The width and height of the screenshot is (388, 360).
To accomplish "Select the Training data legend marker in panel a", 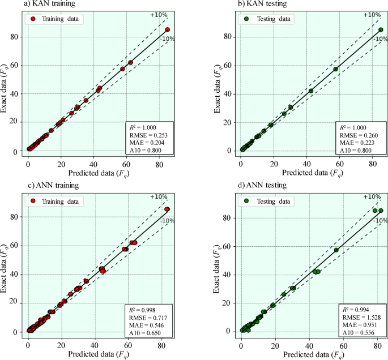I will (33, 19).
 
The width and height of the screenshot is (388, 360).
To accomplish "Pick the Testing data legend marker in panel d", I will (246, 200).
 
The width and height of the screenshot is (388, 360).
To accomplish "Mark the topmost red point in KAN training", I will (168, 29).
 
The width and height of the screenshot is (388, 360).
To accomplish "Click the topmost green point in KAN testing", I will (381, 29).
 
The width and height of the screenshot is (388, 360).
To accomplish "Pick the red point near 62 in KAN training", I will (130, 62).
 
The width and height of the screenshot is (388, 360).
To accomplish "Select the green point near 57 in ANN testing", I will (336, 250).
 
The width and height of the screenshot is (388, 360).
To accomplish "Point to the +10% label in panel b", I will (371, 15).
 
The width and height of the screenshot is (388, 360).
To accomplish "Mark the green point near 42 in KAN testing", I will (311, 91).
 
